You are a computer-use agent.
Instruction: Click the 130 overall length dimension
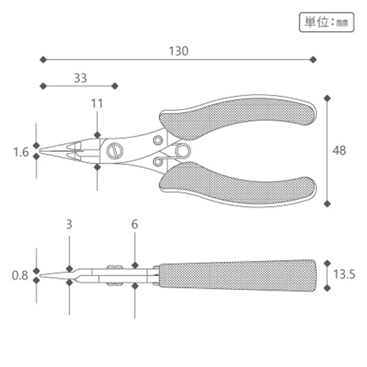click(179, 51)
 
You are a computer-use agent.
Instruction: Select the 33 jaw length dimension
click(80, 78)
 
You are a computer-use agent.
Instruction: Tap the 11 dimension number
click(97, 103)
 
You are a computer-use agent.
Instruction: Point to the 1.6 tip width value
click(21, 152)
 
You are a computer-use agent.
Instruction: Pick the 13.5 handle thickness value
click(343, 275)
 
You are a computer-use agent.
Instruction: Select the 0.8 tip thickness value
click(21, 275)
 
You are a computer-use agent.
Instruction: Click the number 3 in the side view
click(69, 224)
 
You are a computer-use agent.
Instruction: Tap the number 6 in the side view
click(135, 224)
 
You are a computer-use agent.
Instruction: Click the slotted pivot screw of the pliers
click(114, 150)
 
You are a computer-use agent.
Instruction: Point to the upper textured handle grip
click(239, 119)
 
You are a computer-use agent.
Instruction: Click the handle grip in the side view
click(239, 275)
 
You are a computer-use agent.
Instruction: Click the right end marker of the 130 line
click(313, 59)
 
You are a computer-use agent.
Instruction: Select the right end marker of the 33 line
click(114, 86)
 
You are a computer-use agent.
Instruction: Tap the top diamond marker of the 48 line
click(327, 98)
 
